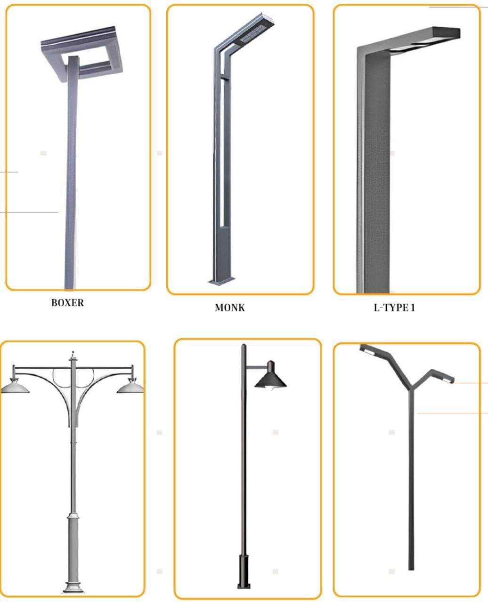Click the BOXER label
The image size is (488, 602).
(x=67, y=303)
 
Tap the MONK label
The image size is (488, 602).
(x=229, y=308)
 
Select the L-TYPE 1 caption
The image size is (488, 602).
(x=394, y=308)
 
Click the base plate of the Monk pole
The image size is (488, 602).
(x=221, y=281)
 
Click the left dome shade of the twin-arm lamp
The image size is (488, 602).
(x=15, y=387)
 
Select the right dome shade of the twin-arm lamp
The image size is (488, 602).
(x=130, y=387)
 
